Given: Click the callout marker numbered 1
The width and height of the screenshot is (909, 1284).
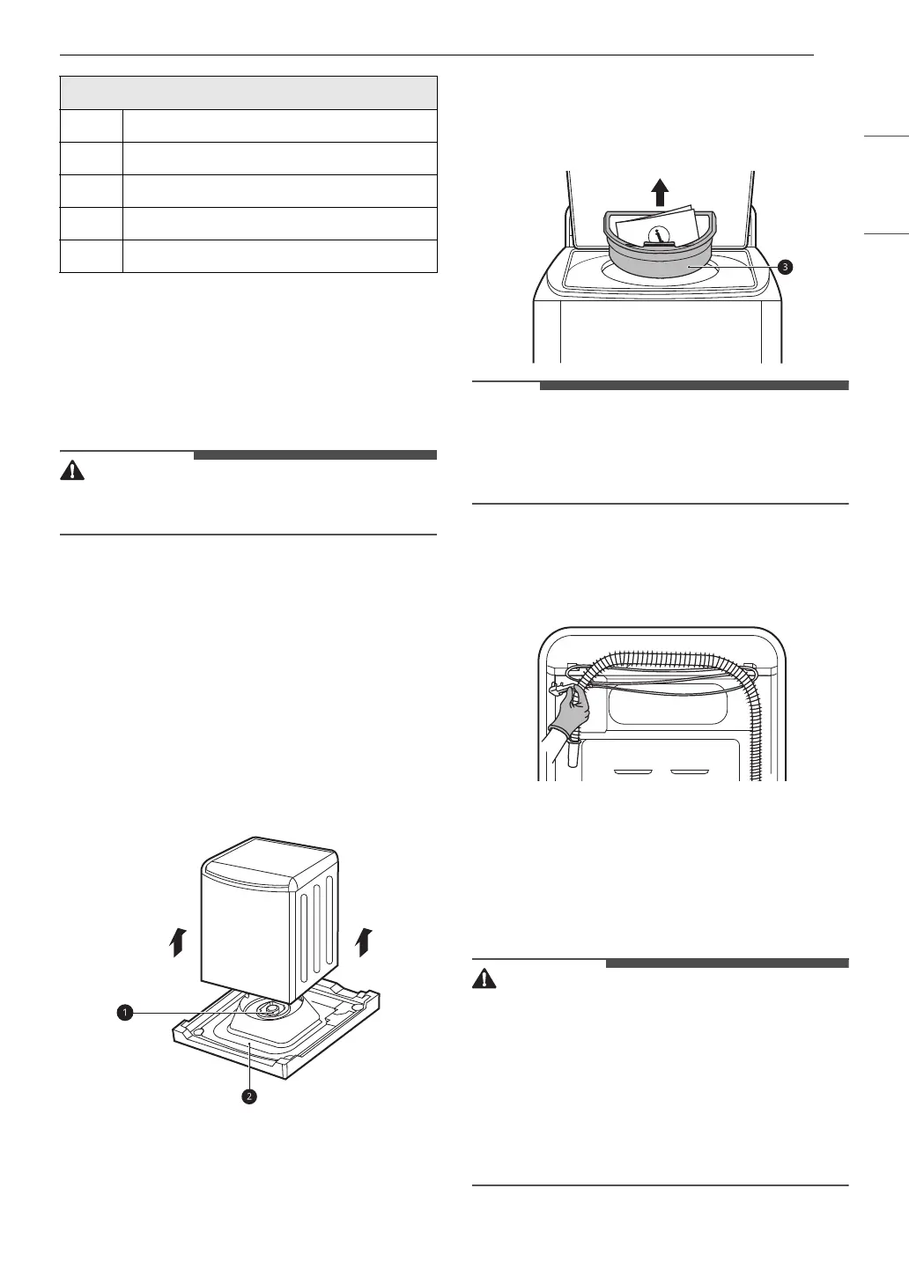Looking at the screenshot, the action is coord(126,1014).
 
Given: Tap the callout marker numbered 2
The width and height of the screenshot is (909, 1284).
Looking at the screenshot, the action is coord(250,1096).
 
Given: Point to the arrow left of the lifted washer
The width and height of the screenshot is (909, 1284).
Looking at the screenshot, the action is coord(178,941).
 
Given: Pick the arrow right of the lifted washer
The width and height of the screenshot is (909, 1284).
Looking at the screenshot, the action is coord(363,941).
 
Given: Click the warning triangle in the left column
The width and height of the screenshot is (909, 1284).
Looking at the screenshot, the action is coord(72,470).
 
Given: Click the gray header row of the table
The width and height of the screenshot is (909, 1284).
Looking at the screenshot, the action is coord(248,92).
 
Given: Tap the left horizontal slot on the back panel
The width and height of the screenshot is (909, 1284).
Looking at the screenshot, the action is coord(632,771).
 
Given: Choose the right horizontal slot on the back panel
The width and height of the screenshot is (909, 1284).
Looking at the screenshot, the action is coord(689,771).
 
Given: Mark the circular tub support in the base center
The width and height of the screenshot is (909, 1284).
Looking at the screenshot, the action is coord(273,1008).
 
